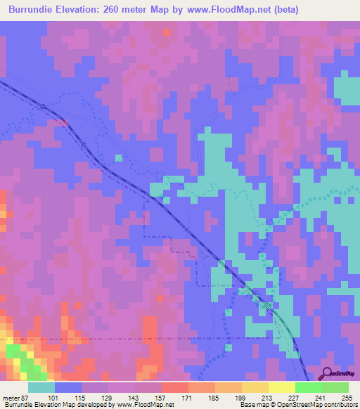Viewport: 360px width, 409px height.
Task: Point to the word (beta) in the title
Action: point(285,10)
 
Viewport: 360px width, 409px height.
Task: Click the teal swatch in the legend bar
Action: point(41,387)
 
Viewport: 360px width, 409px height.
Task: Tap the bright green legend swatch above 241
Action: point(308,387)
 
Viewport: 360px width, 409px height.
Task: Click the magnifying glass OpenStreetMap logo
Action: point(327,373)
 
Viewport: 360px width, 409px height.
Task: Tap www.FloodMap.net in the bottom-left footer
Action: point(146,405)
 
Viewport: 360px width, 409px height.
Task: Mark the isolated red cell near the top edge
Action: point(166,32)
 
